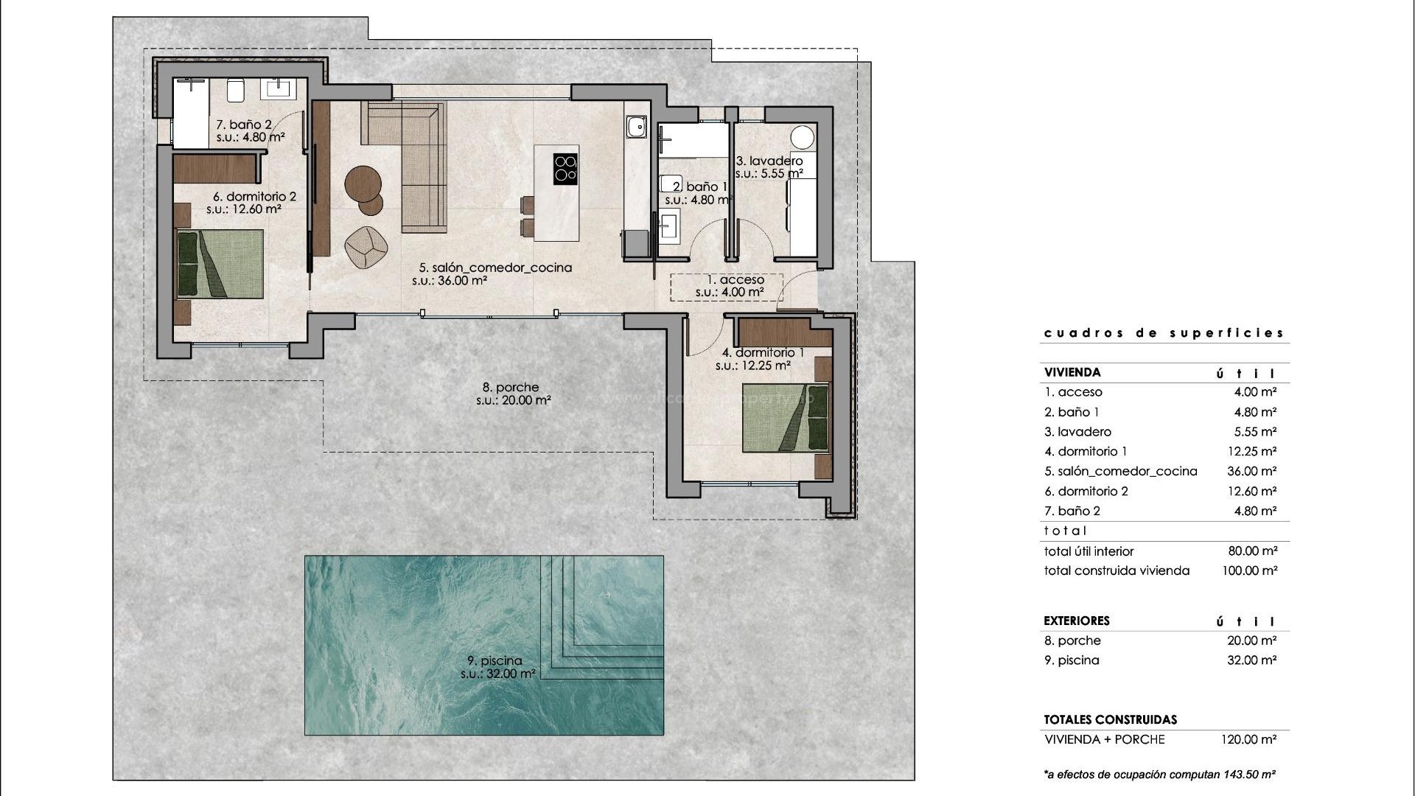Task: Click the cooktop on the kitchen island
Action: click(565, 168)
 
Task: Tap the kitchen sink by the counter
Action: click(635, 128)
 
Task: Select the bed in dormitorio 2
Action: click(220, 264)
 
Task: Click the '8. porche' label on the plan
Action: click(511, 387)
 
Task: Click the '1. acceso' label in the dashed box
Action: click(735, 280)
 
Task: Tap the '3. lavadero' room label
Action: click(769, 161)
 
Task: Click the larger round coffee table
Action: click(363, 182)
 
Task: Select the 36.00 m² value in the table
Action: click(1251, 471)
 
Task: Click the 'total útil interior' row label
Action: click(1089, 551)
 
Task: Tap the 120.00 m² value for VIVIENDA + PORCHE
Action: click(1248, 739)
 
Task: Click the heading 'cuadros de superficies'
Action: click(1164, 333)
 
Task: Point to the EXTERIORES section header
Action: click(1076, 621)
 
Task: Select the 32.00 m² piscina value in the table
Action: click(1251, 660)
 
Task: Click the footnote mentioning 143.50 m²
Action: click(1159, 775)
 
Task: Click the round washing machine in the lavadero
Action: click(803, 137)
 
